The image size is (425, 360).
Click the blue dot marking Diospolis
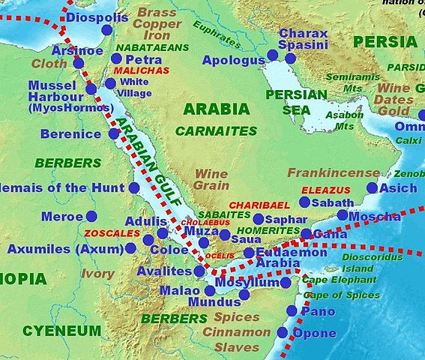tap(106, 30)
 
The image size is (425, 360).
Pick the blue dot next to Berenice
tap(113, 133)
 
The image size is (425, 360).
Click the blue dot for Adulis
tap(162, 233)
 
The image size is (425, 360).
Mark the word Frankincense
tap(334, 173)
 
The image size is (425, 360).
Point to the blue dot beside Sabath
tap(304, 202)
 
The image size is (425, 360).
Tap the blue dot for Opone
tap(283, 332)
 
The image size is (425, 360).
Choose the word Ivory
tap(97, 274)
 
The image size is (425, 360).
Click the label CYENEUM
tap(61, 330)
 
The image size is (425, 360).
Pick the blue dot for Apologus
tap(272, 55)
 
